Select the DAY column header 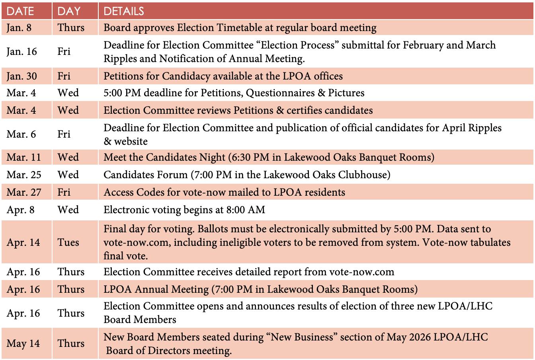[x=69, y=11]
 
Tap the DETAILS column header [x=124, y=11]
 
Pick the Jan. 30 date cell [x=21, y=76]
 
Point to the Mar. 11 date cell [x=23, y=157]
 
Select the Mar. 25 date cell [x=23, y=175]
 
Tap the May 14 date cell [x=23, y=343]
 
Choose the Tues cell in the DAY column [x=68, y=242]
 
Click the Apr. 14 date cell [x=23, y=242]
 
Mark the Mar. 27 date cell [x=23, y=192]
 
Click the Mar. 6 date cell [x=21, y=134]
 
